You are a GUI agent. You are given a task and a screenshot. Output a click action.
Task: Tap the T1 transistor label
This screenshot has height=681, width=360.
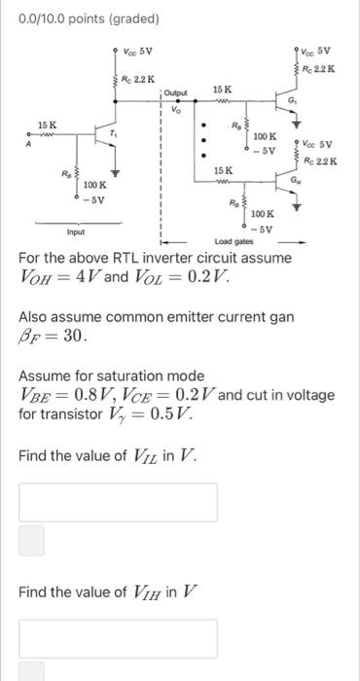[114, 133]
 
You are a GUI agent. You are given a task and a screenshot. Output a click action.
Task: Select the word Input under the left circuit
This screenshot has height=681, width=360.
[76, 232]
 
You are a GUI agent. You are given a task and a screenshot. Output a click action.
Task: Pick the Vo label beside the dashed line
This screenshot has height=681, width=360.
[175, 109]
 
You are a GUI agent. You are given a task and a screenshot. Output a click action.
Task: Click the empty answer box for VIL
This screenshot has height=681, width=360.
[118, 502]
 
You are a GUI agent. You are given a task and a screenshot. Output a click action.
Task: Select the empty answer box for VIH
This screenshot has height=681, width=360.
[118, 638]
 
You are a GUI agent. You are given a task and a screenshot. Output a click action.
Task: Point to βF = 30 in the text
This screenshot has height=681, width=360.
[53, 337]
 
